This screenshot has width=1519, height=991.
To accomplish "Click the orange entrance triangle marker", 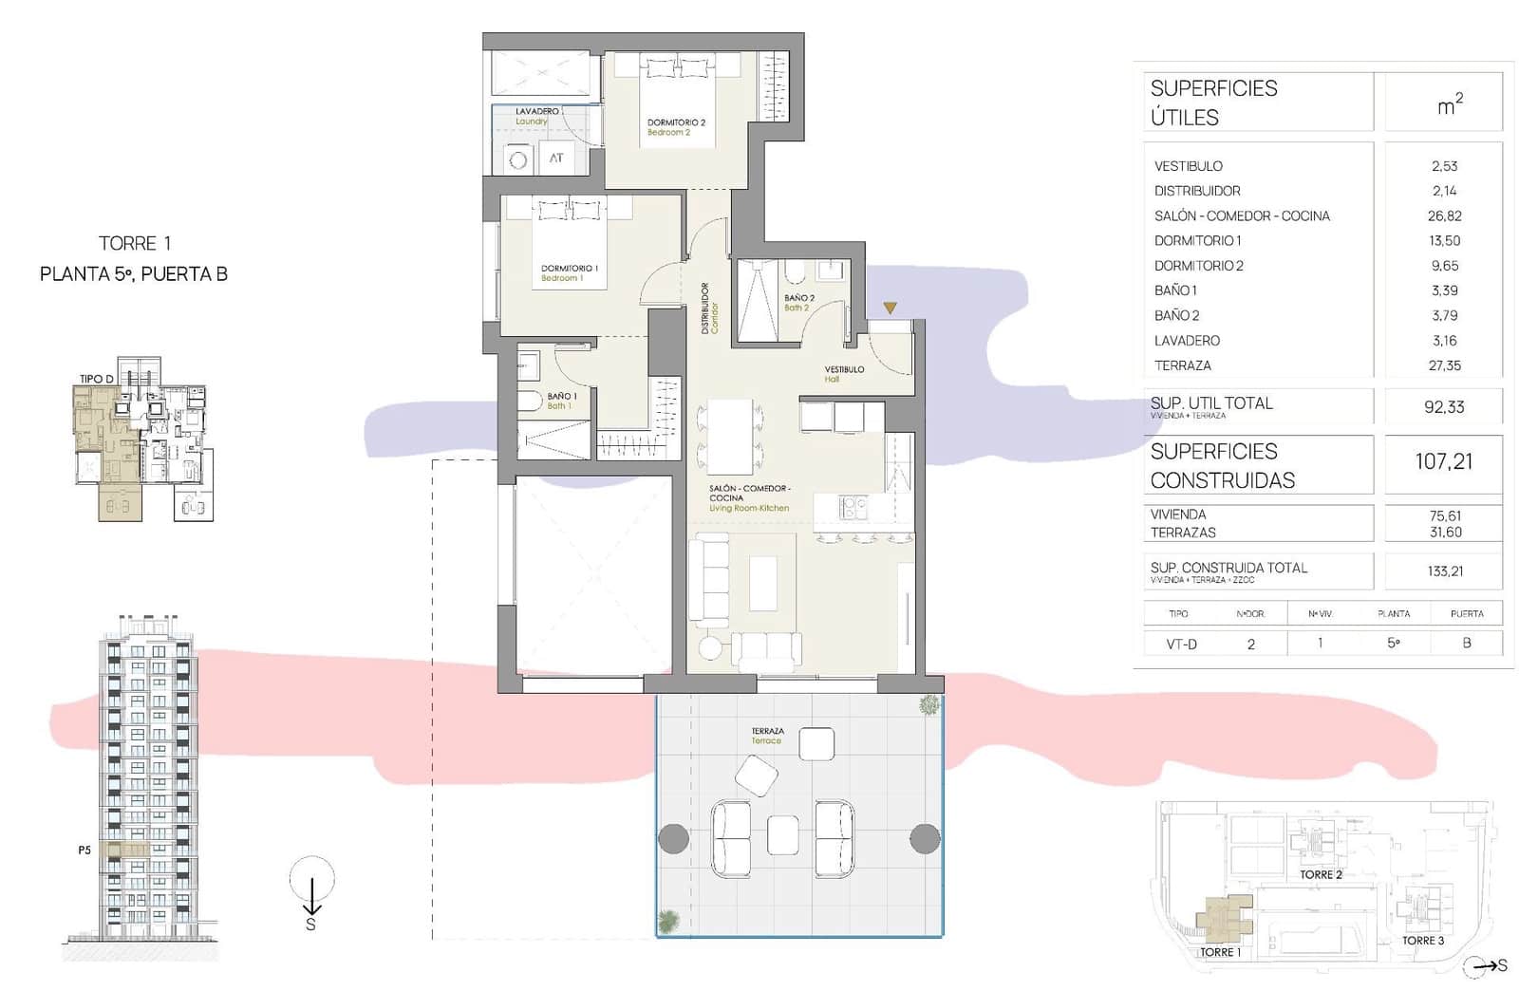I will tap(890, 308).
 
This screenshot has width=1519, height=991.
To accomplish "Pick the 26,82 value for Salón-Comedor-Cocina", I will tap(1444, 216).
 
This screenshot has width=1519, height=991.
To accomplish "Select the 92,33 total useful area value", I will tap(1444, 407).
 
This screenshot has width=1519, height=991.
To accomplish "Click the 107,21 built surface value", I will tap(1444, 462).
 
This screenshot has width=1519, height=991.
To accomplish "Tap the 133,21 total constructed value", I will tap(1444, 571).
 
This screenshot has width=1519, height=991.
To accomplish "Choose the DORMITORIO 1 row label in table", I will tap(1197, 241).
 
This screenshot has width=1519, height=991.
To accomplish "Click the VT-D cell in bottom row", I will tap(1181, 644).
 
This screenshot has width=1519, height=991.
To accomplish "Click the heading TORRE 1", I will tap(134, 244).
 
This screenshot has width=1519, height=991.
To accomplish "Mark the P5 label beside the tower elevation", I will tap(84, 851).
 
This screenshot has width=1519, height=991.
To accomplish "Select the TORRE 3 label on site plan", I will tap(1422, 941).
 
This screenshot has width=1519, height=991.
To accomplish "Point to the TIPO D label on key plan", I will tap(96, 379).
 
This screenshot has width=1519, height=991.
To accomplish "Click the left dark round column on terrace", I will tap(673, 838).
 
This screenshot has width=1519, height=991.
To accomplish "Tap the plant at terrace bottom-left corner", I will tap(669, 920).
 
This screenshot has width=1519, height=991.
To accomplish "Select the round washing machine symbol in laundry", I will tap(517, 159).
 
